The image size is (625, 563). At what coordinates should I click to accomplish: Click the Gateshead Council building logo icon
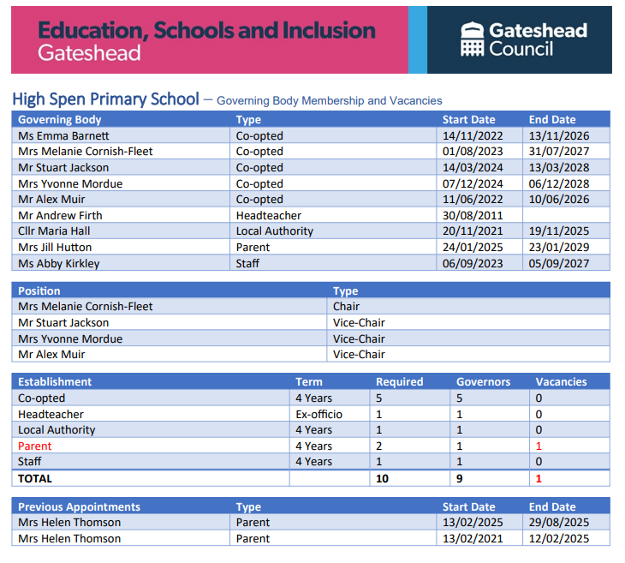[472, 39]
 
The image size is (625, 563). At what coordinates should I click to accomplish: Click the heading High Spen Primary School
[106, 99]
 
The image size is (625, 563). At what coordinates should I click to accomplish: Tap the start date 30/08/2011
[468, 215]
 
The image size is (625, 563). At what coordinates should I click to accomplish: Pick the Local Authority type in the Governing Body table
[275, 231]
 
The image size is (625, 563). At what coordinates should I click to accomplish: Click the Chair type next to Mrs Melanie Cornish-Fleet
[346, 307]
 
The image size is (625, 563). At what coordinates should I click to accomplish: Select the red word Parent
[35, 446]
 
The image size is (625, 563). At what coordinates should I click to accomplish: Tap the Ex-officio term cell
[318, 414]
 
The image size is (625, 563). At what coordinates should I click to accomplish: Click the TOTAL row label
[35, 478]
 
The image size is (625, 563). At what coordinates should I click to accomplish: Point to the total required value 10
[382, 478]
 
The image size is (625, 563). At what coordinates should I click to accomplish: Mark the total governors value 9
[460, 478]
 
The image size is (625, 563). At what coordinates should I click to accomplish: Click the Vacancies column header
[561, 381]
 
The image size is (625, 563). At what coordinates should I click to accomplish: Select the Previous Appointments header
[79, 506]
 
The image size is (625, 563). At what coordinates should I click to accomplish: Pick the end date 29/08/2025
[558, 523]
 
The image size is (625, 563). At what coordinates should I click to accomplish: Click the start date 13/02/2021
[468, 539]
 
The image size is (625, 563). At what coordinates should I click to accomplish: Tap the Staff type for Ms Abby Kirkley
[247, 264]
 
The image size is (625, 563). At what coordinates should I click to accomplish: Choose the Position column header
[39, 291]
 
